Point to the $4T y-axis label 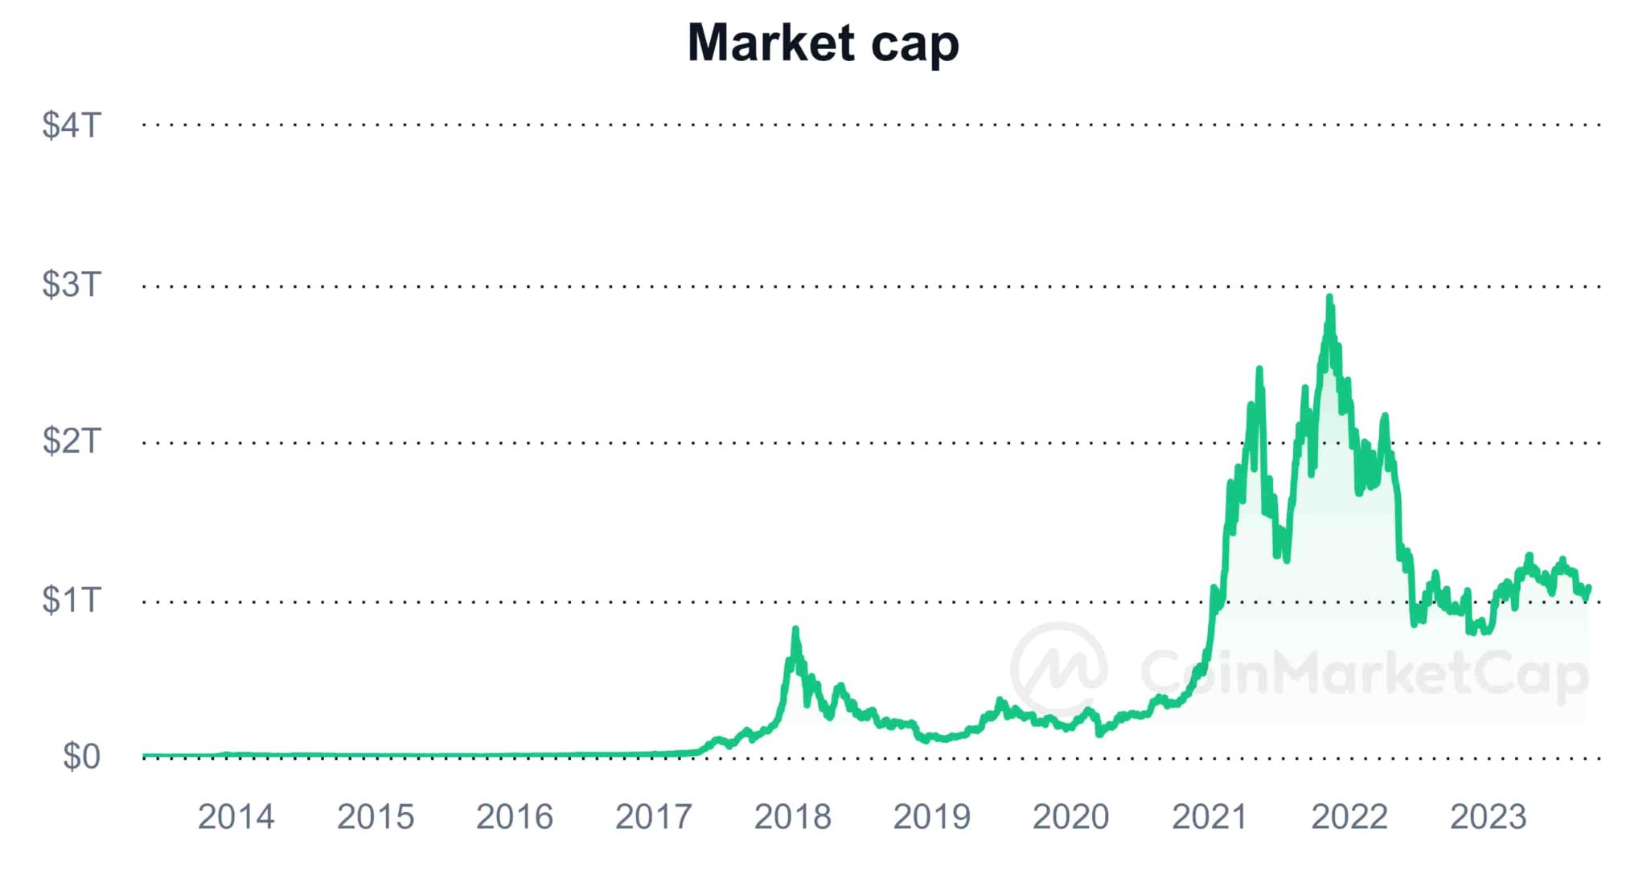(x=72, y=125)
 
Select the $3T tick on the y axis (x=72, y=285)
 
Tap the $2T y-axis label (x=72, y=441)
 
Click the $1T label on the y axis (x=72, y=600)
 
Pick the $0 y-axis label (x=81, y=757)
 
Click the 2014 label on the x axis (x=236, y=817)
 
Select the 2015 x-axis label (x=375, y=817)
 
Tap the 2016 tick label (x=514, y=817)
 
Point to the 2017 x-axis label (x=653, y=817)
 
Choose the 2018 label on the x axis (x=792, y=817)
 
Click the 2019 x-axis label (x=931, y=817)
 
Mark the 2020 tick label (x=1070, y=817)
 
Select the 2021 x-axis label (x=1210, y=817)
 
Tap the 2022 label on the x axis (x=1349, y=817)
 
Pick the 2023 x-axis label (x=1488, y=817)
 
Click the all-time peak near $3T (x=1329, y=297)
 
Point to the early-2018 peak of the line (x=795, y=630)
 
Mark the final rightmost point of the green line (x=1589, y=588)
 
